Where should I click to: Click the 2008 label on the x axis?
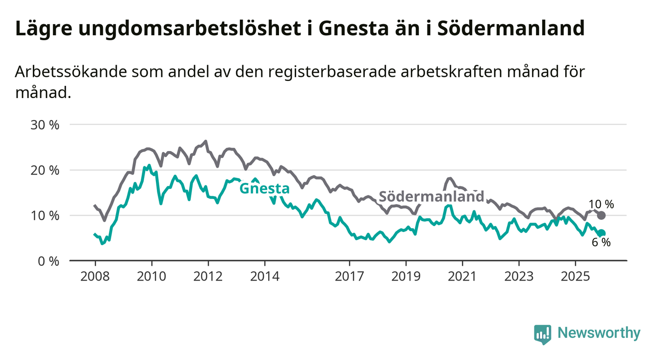95,276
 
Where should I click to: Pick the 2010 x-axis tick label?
152,276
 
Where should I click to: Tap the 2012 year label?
208,276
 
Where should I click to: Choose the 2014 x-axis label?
265,276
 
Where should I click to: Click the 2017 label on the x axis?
350,276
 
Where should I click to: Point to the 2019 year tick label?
406,276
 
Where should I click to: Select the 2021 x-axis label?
462,276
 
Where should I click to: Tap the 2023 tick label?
519,276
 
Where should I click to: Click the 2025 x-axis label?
576,276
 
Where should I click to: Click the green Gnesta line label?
264,188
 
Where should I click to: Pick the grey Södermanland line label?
432,197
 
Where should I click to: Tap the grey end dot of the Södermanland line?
602,215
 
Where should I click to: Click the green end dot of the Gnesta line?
602,233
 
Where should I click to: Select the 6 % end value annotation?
601,242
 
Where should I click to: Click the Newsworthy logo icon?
543,334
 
